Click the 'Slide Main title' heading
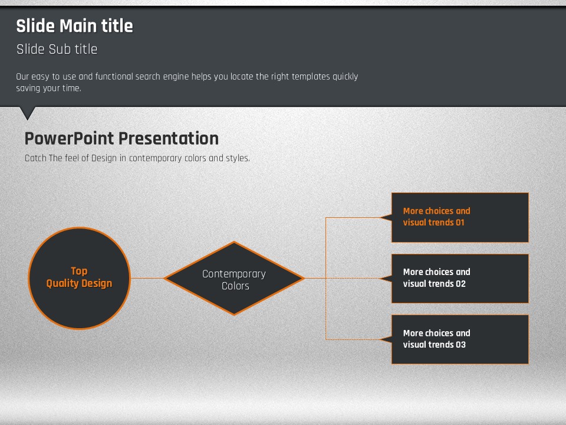75,26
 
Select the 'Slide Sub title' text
57,49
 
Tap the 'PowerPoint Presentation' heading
121,138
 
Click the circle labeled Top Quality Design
80,278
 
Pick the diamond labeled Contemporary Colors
234,278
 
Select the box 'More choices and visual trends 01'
460,217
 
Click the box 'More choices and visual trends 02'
460,278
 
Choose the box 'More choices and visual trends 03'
460,339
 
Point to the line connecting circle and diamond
147,278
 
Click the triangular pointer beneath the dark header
28,113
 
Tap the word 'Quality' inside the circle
61,284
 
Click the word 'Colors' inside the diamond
235,286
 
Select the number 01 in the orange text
460,223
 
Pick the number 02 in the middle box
460,284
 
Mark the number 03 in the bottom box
460,345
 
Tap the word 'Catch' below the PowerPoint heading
35,158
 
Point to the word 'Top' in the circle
79,271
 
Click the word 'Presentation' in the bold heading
169,138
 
